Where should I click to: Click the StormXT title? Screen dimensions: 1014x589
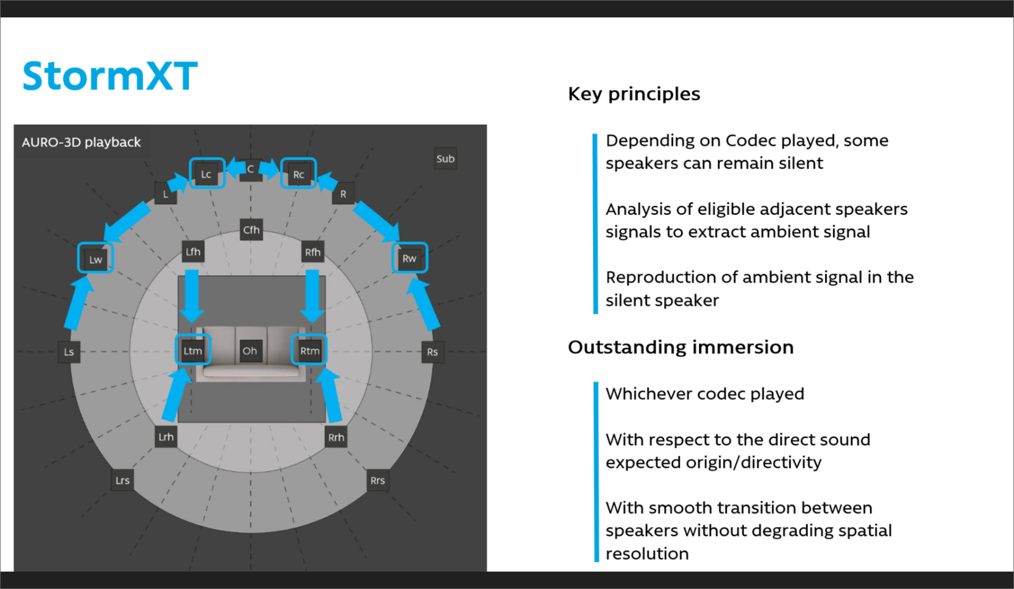110,76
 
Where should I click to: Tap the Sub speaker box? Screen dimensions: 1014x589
445,159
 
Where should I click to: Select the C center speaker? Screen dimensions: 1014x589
251,169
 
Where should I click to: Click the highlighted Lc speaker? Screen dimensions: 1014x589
207,174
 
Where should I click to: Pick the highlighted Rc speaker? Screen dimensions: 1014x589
298,174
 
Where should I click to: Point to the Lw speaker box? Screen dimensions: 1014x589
96,259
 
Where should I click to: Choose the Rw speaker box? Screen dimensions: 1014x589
409,258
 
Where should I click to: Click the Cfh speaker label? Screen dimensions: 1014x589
251,230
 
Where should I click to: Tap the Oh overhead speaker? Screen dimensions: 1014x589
250,351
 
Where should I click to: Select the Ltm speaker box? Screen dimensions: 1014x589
193,350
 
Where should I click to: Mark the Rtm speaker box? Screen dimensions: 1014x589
310,350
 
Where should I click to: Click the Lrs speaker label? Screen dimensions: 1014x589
122,480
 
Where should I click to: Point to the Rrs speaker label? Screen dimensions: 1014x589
378,480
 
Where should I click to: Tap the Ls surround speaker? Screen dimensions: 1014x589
69,352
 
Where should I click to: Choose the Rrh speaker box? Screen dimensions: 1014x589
336,437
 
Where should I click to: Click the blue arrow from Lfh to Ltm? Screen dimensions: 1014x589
191,295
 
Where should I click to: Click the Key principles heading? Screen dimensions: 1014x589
634,94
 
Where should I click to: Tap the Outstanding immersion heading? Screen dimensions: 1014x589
681,347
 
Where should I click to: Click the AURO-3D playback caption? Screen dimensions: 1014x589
81,142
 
